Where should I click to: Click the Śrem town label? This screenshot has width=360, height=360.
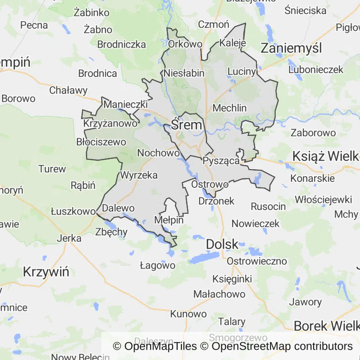pyautogui.click(x=187, y=125)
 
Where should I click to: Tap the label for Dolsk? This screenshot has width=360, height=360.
pyautogui.click(x=222, y=244)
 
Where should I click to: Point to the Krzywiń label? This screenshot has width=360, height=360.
pyautogui.click(x=46, y=272)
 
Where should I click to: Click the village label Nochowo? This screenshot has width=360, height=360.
pyautogui.click(x=158, y=153)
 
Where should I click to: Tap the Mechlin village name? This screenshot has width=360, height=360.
pyautogui.click(x=230, y=108)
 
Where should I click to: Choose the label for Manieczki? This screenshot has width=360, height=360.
pyautogui.click(x=126, y=104)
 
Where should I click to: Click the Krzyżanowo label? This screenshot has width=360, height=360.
pyautogui.click(x=111, y=124)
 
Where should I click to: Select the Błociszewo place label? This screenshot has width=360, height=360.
pyautogui.click(x=101, y=142)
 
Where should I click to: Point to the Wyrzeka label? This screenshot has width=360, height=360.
pyautogui.click(x=139, y=175)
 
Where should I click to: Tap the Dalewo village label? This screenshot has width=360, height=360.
pyautogui.click(x=118, y=208)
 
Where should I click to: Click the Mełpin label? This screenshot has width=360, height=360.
pyautogui.click(x=169, y=220)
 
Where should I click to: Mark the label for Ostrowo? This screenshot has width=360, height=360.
pyautogui.click(x=210, y=184)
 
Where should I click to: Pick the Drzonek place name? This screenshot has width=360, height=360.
pyautogui.click(x=216, y=201)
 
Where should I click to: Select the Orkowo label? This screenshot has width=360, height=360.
pyautogui.click(x=185, y=44)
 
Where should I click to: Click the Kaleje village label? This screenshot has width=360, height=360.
pyautogui.click(x=232, y=43)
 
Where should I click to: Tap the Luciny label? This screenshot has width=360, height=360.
pyautogui.click(x=242, y=71)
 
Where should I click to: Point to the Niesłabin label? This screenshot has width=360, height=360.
pyautogui.click(x=184, y=73)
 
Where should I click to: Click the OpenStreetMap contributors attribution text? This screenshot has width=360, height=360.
pyautogui.click(x=282, y=346)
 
